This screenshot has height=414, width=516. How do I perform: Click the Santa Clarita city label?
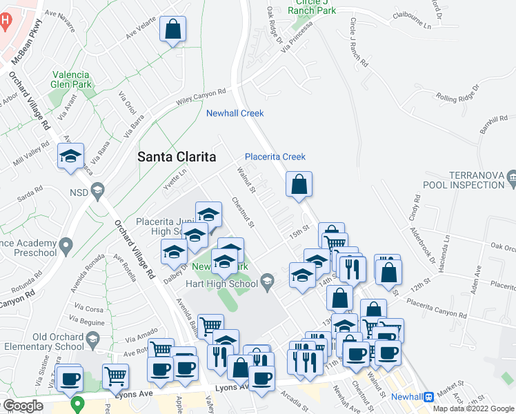point(177,156)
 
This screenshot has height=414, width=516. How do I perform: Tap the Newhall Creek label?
point(235,113)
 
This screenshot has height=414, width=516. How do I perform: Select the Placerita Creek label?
point(275,157)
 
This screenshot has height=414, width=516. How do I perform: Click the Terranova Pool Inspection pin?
point(511,179)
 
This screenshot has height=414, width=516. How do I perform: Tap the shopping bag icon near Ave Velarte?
point(173,30)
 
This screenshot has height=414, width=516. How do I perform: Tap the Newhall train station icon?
point(429,397)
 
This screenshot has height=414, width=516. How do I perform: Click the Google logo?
point(23,406)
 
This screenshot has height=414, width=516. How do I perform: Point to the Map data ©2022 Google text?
point(473,408)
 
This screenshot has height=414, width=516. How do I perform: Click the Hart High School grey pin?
point(268,280)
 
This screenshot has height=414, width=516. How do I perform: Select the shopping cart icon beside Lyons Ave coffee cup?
point(115,376)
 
